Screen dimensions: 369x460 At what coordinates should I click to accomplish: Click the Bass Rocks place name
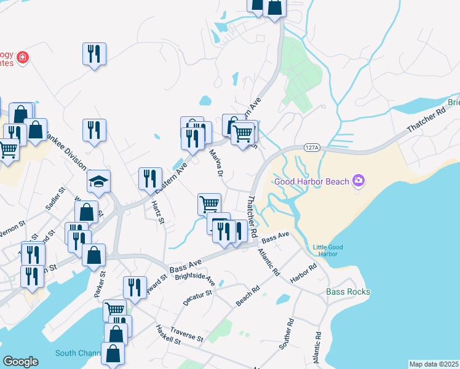tap(348, 292)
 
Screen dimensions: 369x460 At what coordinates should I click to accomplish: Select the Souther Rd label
tap(287, 334)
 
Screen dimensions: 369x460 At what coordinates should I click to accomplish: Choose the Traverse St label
tap(186, 334)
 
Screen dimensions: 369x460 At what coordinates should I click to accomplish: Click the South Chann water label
tap(77, 353)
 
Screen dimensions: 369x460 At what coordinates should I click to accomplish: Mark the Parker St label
tap(101, 282)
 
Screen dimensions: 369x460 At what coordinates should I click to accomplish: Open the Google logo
tap(20, 362)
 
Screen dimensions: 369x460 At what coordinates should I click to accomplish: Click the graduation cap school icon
tap(98, 181)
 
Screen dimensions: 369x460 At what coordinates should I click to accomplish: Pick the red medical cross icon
tap(23, 57)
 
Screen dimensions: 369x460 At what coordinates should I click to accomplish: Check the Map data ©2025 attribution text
tap(434, 364)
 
